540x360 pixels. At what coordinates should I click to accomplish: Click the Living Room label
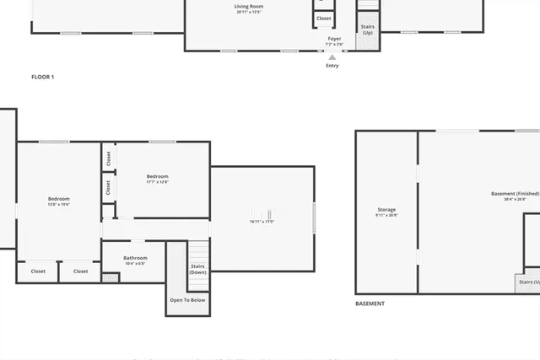[x=248, y=7]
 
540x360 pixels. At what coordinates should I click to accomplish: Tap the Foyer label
[x=334, y=39]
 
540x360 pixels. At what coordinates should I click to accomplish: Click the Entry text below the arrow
[x=332, y=66]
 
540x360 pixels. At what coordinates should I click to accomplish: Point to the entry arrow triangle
[x=332, y=57]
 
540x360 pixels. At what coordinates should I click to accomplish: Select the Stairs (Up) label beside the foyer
[x=368, y=30]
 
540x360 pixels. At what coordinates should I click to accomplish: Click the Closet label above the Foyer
[x=324, y=18]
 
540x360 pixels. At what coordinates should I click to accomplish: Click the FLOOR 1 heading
[x=42, y=77]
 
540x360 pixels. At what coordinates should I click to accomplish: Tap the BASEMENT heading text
[x=370, y=304]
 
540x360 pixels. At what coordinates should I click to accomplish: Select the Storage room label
[x=386, y=210]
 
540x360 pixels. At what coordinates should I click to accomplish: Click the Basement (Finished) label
[x=515, y=194]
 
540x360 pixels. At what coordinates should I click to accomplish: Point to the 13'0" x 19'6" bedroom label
[x=58, y=204]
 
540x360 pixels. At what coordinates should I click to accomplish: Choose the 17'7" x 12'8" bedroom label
[x=158, y=181]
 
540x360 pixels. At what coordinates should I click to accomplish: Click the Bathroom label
[x=135, y=258]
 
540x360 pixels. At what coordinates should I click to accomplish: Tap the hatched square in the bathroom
[x=111, y=277]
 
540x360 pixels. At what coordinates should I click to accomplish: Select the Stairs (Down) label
[x=197, y=269]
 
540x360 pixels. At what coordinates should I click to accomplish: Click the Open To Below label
[x=187, y=300]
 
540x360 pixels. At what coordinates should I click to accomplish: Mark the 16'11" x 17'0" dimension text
[x=262, y=222]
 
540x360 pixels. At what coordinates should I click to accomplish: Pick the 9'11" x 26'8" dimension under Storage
[x=386, y=216]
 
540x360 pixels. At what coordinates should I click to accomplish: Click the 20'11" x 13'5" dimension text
[x=248, y=13]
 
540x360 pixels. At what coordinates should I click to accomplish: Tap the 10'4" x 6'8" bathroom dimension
[x=135, y=264]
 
